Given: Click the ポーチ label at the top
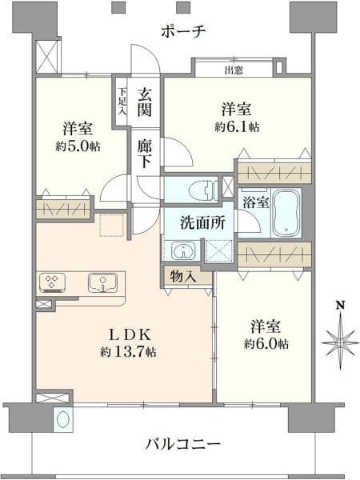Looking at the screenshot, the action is tap(183, 31).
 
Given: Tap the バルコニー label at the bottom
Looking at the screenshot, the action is tap(182, 443).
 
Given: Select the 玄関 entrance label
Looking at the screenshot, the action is tap(145, 102).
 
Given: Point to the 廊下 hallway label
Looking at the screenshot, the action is tap(145, 154).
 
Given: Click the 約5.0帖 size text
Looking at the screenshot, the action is tap(78, 147).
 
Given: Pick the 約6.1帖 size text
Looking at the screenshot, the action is tap(237, 126).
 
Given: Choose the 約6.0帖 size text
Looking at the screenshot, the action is tap(266, 344).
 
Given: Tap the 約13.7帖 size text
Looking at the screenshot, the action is tap(128, 352).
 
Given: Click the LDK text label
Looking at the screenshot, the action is tap(130, 335).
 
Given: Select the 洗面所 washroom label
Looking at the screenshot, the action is tap(202, 222).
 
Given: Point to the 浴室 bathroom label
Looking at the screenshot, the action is tap(256, 202).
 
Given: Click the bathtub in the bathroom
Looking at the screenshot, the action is tap(286, 213).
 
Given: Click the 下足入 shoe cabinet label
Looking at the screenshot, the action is tap(122, 101).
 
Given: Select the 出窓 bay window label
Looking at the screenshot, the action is tap(234, 70).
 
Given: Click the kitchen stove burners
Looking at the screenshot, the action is tap(52, 282).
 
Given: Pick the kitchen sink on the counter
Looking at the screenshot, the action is tap(102, 282).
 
